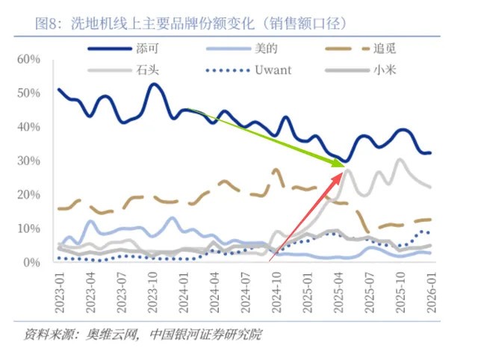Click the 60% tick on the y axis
click(38, 59)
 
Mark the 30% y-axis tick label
click(38, 161)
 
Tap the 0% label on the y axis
click(42, 262)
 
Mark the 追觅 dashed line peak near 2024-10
click(277, 170)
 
